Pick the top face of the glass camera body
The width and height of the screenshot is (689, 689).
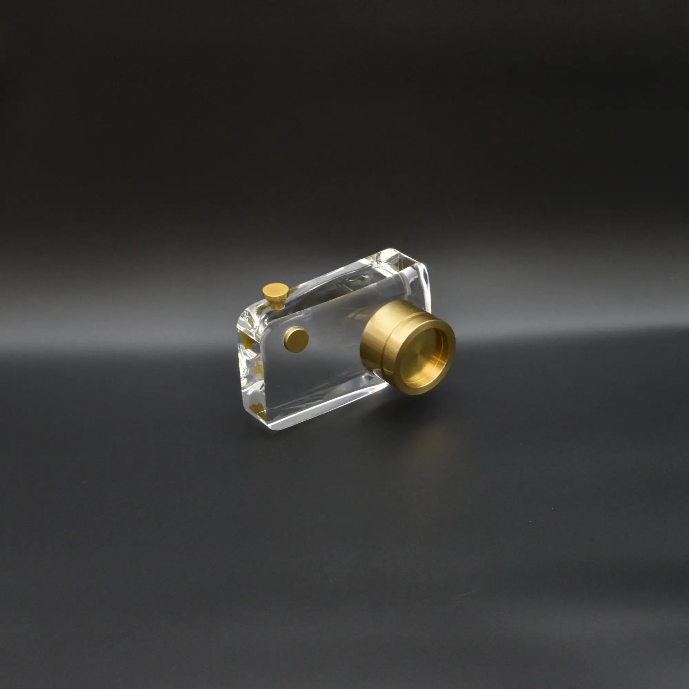(339, 282)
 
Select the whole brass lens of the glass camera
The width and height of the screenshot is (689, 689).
(407, 346)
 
